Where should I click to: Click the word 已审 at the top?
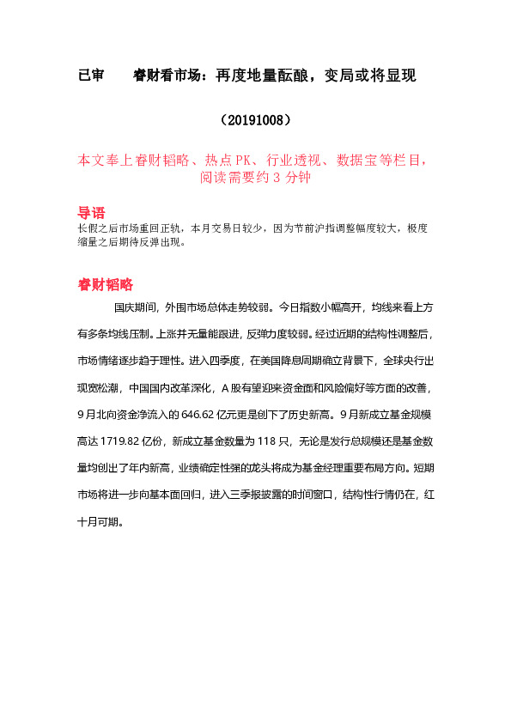pos(91,76)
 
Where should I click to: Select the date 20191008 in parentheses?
pos(255,119)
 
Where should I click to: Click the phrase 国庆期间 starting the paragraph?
pos(134,306)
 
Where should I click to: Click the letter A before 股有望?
pos(224,386)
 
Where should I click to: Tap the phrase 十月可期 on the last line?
pos(97,520)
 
